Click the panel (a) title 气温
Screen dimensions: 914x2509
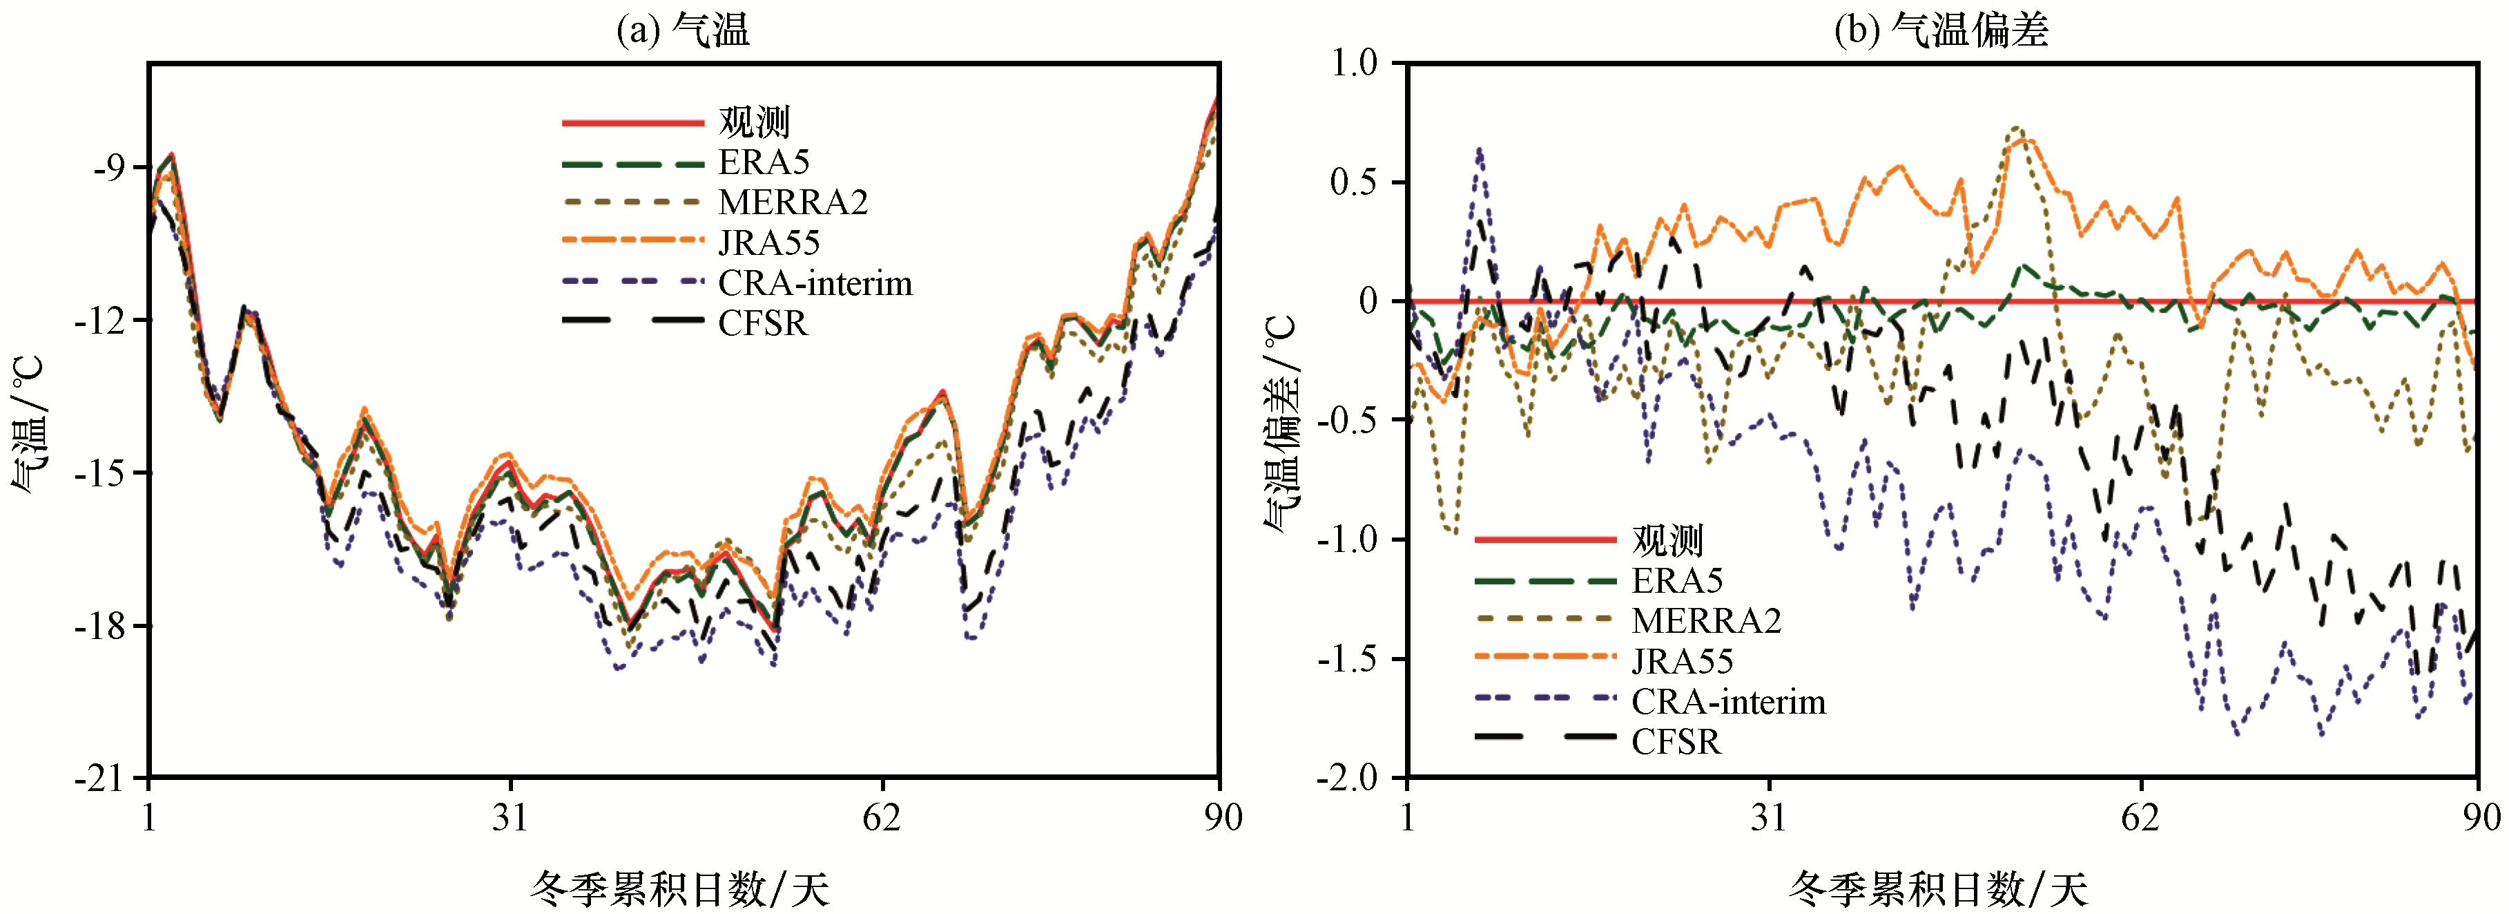pyautogui.click(x=683, y=29)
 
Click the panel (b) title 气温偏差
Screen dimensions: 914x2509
pyautogui.click(x=1941, y=29)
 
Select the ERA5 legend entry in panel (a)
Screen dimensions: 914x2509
pyautogui.click(x=764, y=162)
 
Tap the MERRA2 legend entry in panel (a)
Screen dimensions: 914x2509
pyautogui.click(x=793, y=202)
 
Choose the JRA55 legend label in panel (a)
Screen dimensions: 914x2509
pyautogui.click(x=768, y=242)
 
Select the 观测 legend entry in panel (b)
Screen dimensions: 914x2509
pyautogui.click(x=1667, y=539)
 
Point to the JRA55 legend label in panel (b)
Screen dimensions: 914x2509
pyautogui.click(x=1682, y=660)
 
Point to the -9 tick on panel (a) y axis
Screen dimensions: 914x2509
pyautogui.click(x=109, y=168)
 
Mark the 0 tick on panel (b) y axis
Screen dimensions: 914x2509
pyautogui.click(x=1368, y=301)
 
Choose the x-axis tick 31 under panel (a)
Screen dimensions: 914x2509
pyautogui.click(x=510, y=817)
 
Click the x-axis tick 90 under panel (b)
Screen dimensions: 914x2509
pyautogui.click(x=2480, y=817)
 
